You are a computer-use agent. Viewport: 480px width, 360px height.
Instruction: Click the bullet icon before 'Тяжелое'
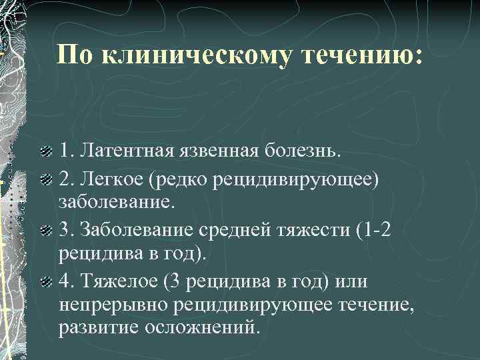coord(45,282)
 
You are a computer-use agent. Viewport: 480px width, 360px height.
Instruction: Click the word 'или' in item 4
coord(353,281)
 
